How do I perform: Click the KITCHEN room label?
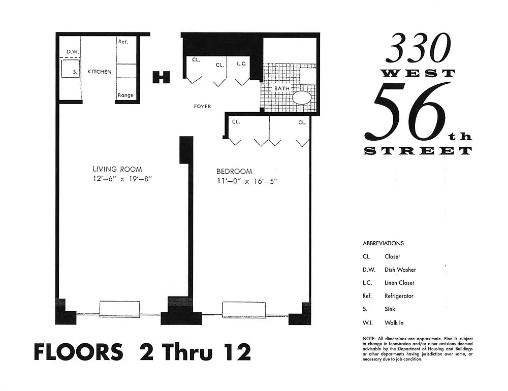100,72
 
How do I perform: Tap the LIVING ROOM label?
117,169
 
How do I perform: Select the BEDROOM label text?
234,171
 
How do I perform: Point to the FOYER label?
203,106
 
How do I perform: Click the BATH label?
282,88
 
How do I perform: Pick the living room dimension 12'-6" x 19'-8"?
122,179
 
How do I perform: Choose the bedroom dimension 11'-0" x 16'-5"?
247,181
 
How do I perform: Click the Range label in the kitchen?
125,95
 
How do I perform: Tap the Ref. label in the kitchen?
123,42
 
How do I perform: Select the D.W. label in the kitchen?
73,52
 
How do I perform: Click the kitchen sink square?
70,68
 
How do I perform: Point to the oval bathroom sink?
302,97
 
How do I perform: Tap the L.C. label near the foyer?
242,64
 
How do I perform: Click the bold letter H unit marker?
162,77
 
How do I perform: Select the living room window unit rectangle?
119,309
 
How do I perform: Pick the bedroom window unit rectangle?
244,310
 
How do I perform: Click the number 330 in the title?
418,49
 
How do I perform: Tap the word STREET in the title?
418,151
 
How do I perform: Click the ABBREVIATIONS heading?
383,243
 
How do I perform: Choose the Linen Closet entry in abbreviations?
399,283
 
